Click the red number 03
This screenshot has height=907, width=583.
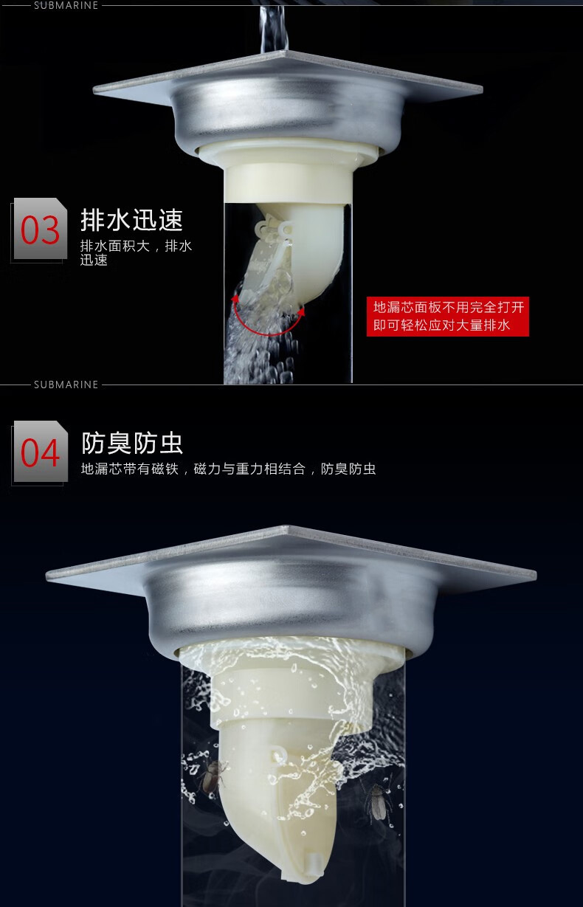pyautogui.click(x=40, y=230)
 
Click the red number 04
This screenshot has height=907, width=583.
pyautogui.click(x=40, y=452)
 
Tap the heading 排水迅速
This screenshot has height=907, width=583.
pyautogui.click(x=131, y=220)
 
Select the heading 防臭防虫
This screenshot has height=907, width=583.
pyautogui.click(x=132, y=443)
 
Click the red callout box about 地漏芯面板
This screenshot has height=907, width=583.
pyautogui.click(x=448, y=317)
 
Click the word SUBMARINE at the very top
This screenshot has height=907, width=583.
pyautogui.click(x=66, y=5)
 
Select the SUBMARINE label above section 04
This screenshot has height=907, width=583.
pyautogui.click(x=66, y=384)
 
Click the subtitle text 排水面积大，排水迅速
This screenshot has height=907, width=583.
pyautogui.click(x=136, y=252)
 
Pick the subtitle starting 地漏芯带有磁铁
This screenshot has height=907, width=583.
pyautogui.click(x=228, y=469)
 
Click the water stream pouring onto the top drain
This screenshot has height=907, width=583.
pyautogui.click(x=274, y=28)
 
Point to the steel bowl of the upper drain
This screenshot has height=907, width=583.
pyautogui.click(x=289, y=117)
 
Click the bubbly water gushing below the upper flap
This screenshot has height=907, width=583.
pyautogui.click(x=259, y=340)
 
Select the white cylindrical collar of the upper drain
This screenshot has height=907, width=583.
pyautogui.click(x=289, y=184)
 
